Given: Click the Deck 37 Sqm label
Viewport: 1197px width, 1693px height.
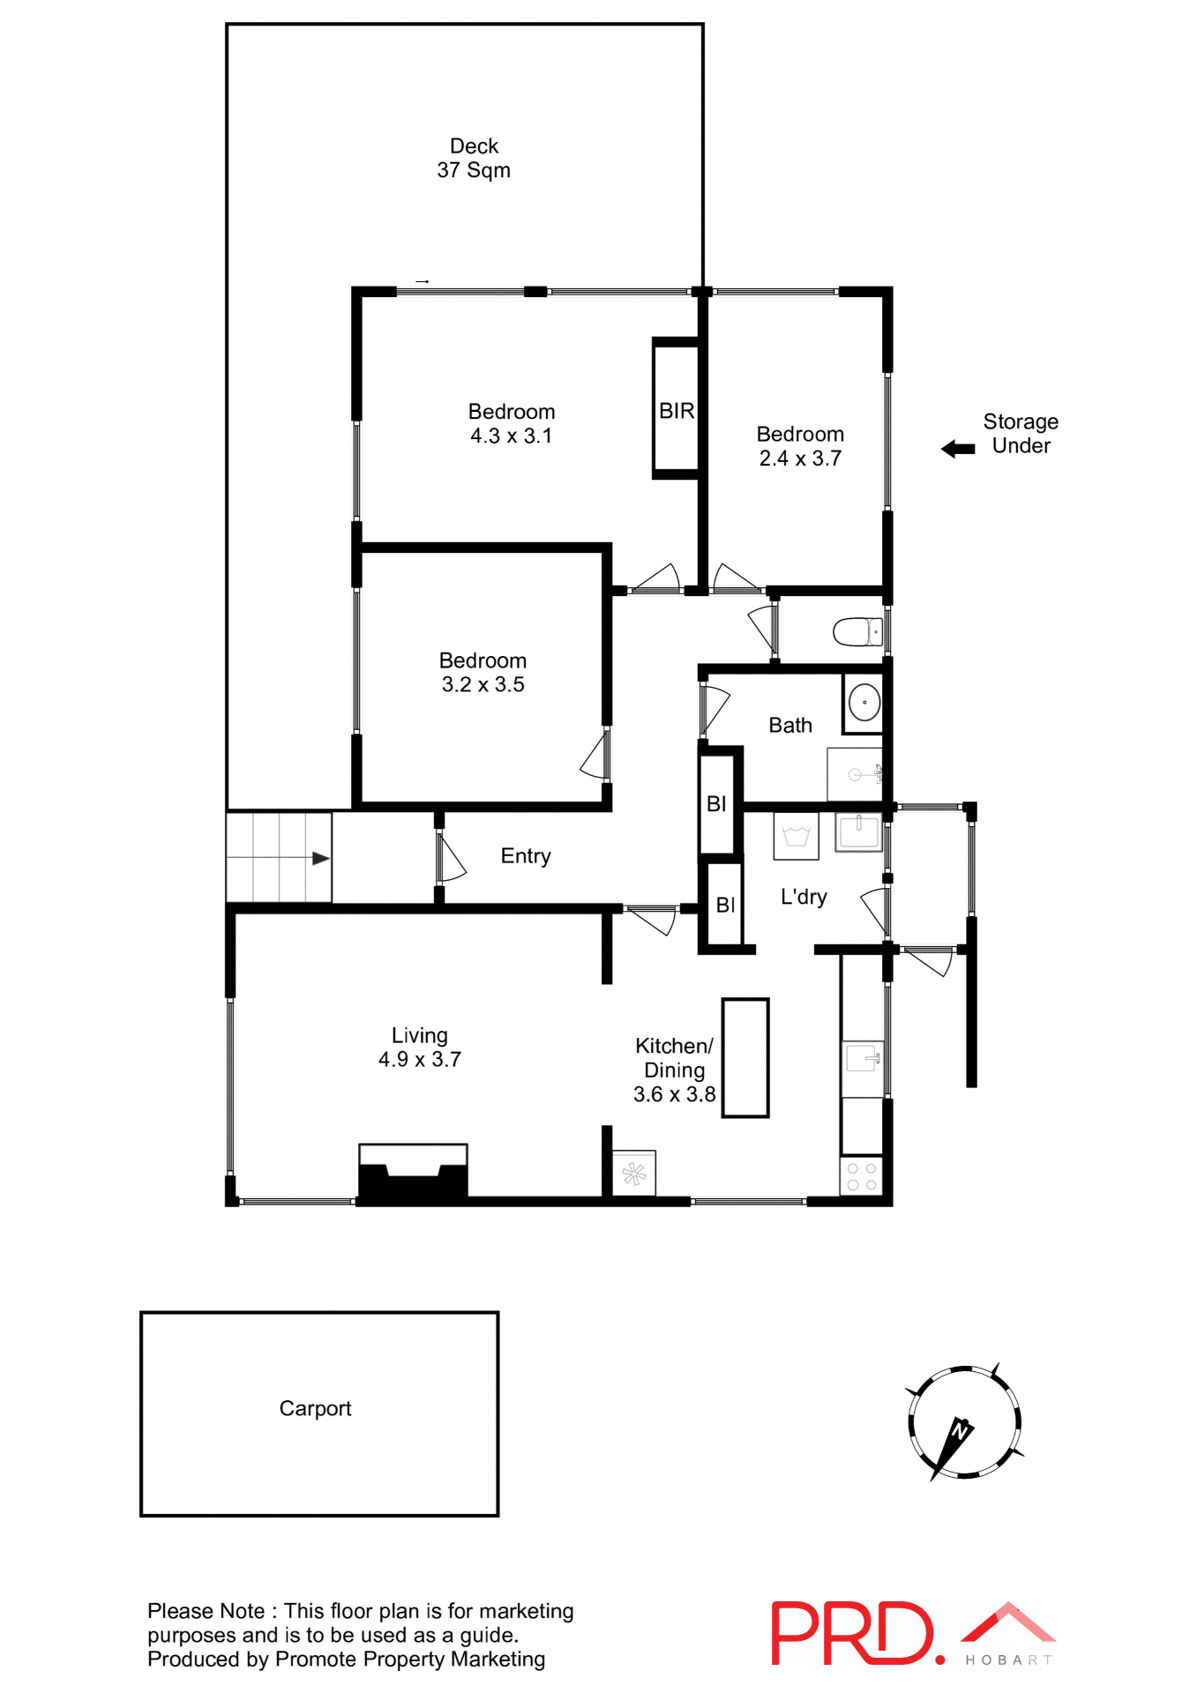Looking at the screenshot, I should (474, 158).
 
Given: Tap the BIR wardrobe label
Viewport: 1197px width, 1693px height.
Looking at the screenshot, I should (677, 411).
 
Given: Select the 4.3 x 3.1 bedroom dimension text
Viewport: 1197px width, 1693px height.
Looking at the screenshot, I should (511, 436).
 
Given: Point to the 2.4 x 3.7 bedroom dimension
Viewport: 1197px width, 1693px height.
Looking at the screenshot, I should (800, 459).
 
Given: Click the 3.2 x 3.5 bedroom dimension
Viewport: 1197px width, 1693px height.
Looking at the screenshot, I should (483, 685).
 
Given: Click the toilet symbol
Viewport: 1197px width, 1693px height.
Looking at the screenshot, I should (857, 631).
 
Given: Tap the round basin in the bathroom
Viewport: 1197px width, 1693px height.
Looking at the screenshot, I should (864, 703).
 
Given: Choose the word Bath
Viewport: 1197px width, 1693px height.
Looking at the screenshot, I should (789, 726).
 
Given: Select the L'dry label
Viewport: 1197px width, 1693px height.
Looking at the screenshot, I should (804, 898).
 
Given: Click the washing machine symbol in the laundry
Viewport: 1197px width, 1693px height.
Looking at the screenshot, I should (796, 836).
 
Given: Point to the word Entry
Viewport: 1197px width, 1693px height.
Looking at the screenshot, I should (526, 856).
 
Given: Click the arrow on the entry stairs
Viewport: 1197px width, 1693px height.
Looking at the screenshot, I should (319, 858).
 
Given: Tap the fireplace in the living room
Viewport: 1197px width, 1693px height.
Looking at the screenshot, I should (413, 1173).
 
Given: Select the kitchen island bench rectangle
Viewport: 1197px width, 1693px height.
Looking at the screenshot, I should (745, 1058).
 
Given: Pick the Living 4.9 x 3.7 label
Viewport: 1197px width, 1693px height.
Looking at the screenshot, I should (420, 1048).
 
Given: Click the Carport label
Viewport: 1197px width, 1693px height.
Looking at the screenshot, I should (315, 1409).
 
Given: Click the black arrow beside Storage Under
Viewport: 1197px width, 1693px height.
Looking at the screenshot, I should (958, 449).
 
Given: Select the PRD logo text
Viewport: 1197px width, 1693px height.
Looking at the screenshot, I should (851, 1634).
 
